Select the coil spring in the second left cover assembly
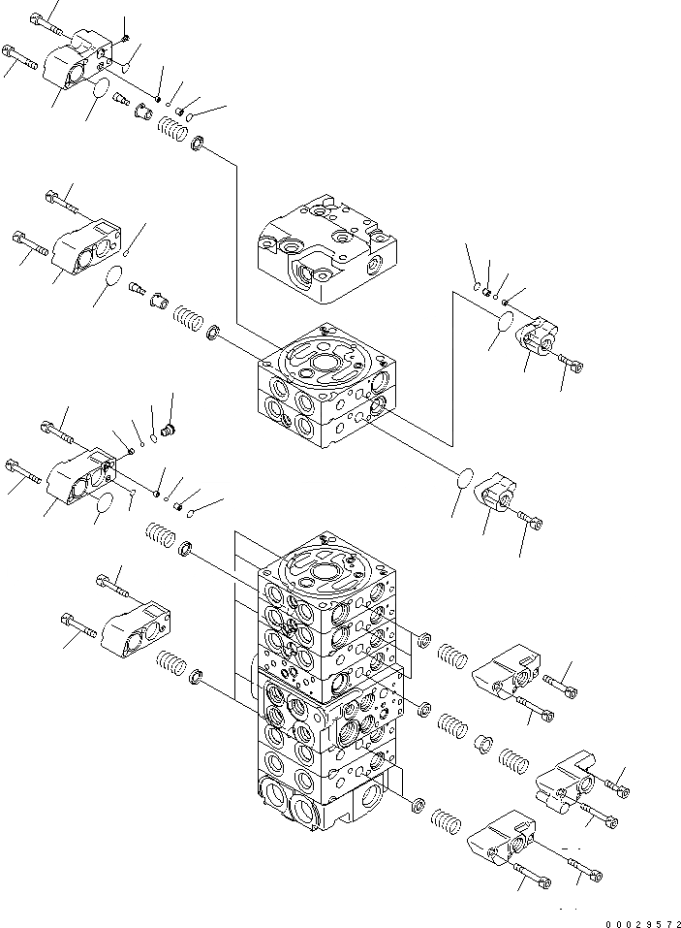tap(188, 316)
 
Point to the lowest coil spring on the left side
tap(170, 667)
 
